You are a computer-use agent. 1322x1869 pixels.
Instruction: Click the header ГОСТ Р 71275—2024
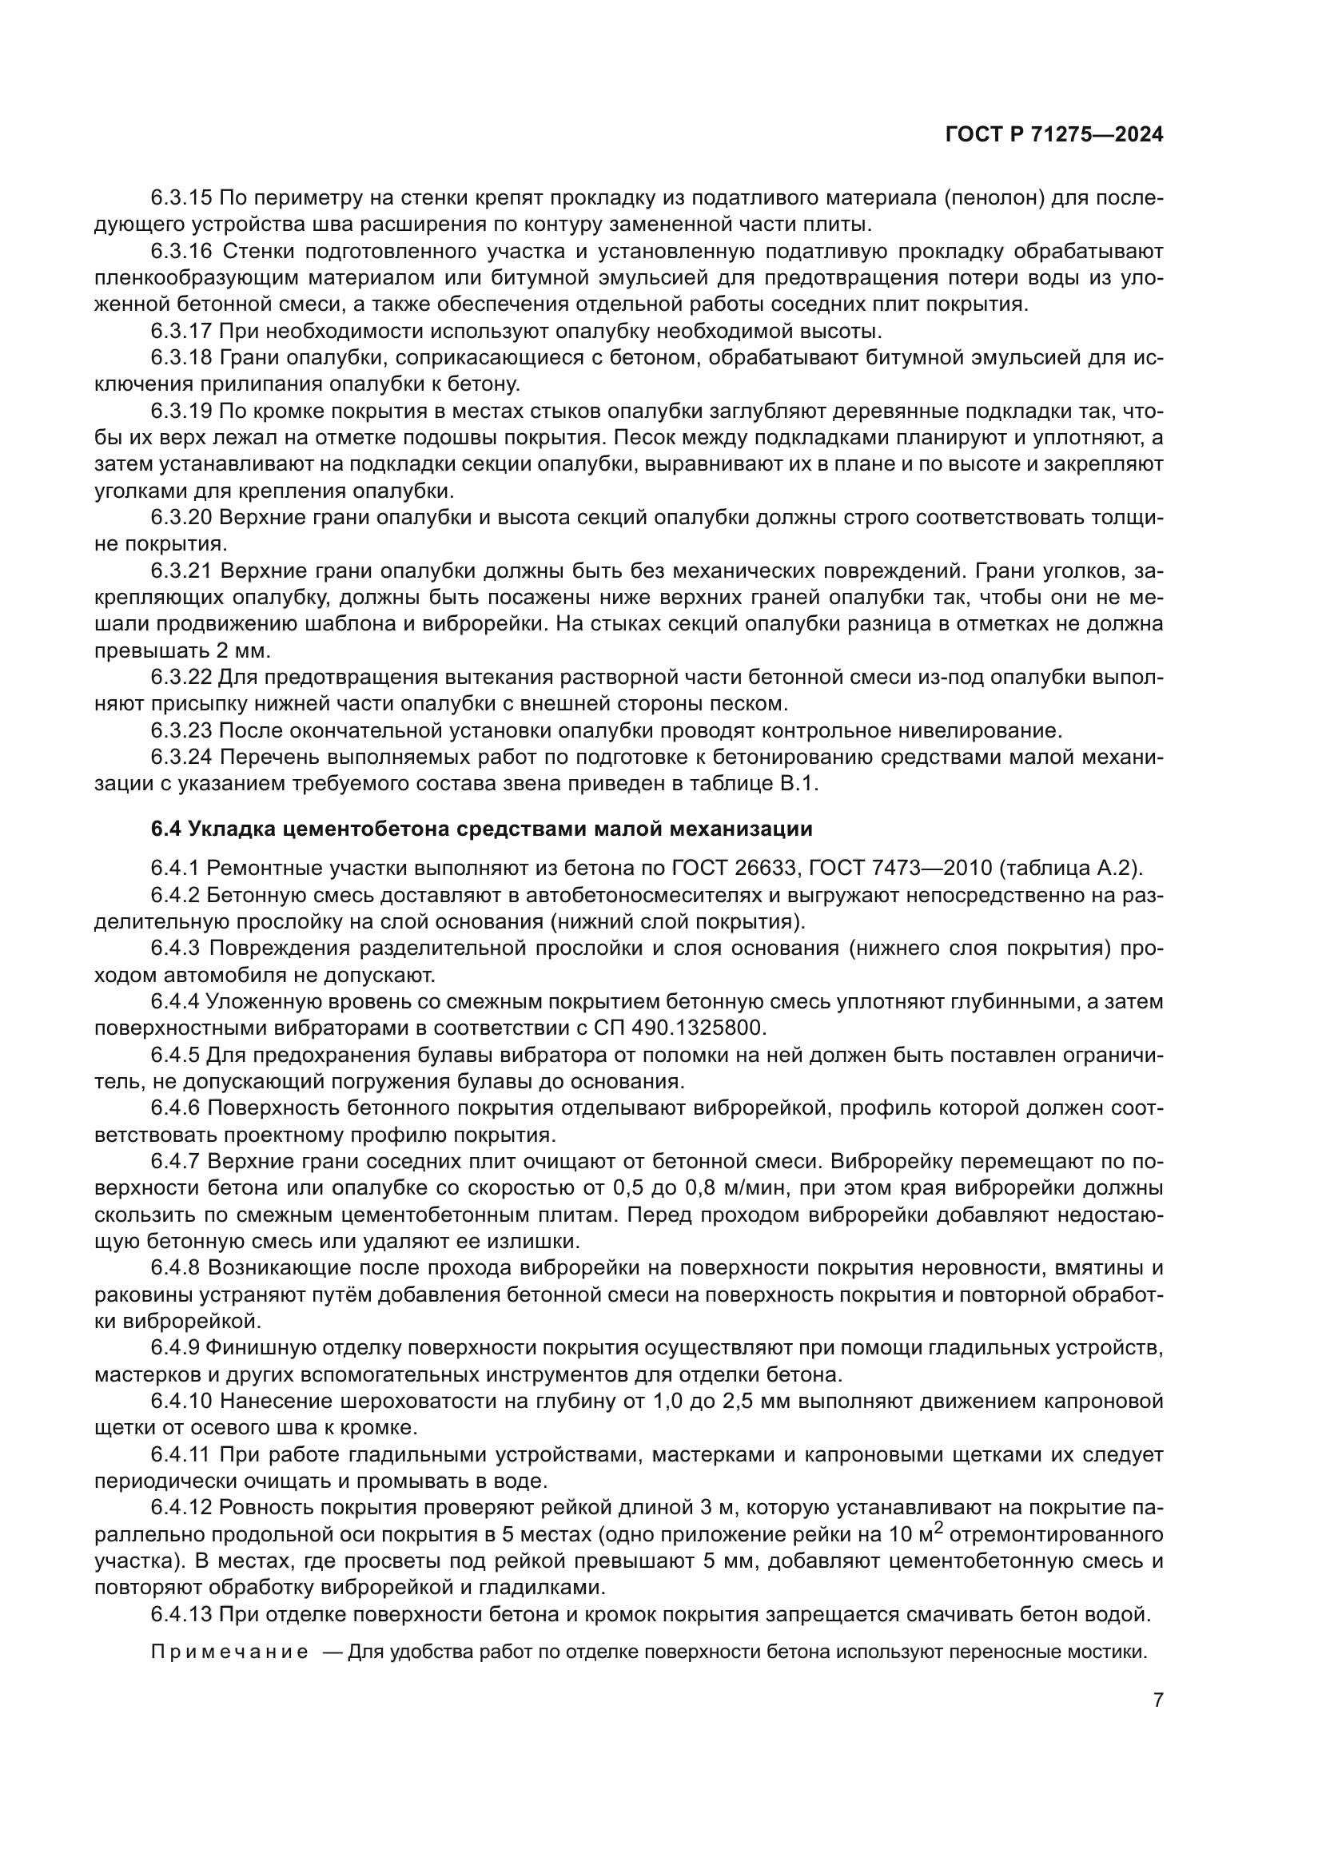point(1054,135)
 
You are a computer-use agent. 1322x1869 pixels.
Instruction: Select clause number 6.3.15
point(181,198)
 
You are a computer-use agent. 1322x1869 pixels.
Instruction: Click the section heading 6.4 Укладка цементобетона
point(482,829)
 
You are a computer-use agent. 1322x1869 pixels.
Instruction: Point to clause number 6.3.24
point(181,757)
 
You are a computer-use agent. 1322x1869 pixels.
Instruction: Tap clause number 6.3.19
point(181,411)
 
